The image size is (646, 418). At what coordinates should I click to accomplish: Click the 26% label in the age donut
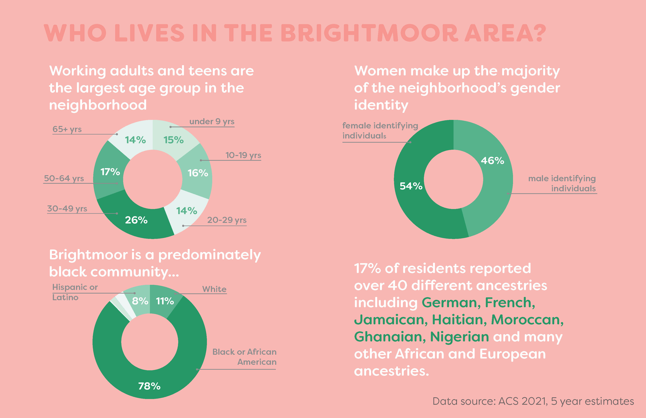coord(136,220)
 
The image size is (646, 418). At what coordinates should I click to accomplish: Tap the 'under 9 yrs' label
coord(212,121)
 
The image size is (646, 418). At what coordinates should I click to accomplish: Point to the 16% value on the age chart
coord(198,173)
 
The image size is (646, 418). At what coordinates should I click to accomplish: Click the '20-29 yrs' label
coord(227,220)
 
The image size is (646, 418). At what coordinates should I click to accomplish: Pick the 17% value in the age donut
coord(110,172)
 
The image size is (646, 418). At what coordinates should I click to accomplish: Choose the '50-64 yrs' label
coord(64,178)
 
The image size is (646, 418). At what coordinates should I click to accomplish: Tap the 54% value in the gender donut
coord(411,186)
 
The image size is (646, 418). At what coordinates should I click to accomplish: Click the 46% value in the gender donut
coord(492,160)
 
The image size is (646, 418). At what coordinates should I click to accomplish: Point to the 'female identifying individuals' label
coord(380,131)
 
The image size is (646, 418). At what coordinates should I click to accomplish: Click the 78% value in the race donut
coord(149,386)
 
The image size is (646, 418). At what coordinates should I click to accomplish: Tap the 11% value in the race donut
coord(165,301)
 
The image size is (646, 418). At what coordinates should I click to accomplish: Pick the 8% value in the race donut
coord(140,301)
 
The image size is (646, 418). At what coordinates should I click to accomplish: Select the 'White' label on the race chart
coord(214,289)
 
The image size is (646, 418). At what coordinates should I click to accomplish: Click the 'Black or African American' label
coord(244,357)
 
